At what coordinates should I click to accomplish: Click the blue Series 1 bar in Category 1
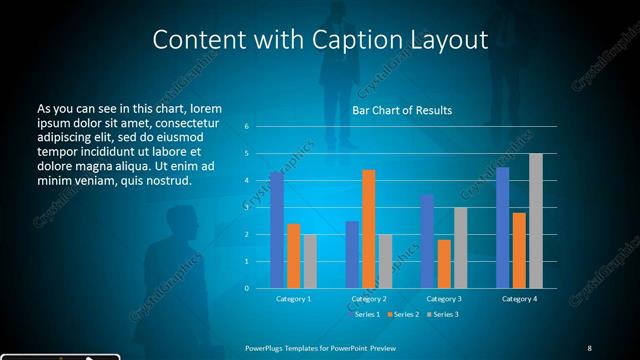[x=277, y=230]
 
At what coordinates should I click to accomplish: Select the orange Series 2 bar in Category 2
[x=369, y=229]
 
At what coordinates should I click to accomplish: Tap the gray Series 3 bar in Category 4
[x=536, y=221]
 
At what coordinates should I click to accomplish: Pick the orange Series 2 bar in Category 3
[x=444, y=264]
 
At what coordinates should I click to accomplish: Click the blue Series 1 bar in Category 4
[x=502, y=228]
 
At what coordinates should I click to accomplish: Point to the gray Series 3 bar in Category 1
[x=310, y=261]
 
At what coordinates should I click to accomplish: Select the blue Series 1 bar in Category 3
[x=427, y=241]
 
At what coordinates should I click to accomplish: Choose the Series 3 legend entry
[x=444, y=315]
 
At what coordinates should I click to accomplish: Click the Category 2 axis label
[x=369, y=298]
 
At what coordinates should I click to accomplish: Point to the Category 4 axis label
[x=519, y=298]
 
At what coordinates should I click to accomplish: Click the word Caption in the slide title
[x=380, y=40]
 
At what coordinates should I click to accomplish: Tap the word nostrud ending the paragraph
[x=165, y=181]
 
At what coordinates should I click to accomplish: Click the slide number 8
[x=589, y=348]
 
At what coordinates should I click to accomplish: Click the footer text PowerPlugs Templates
[x=290, y=348]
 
